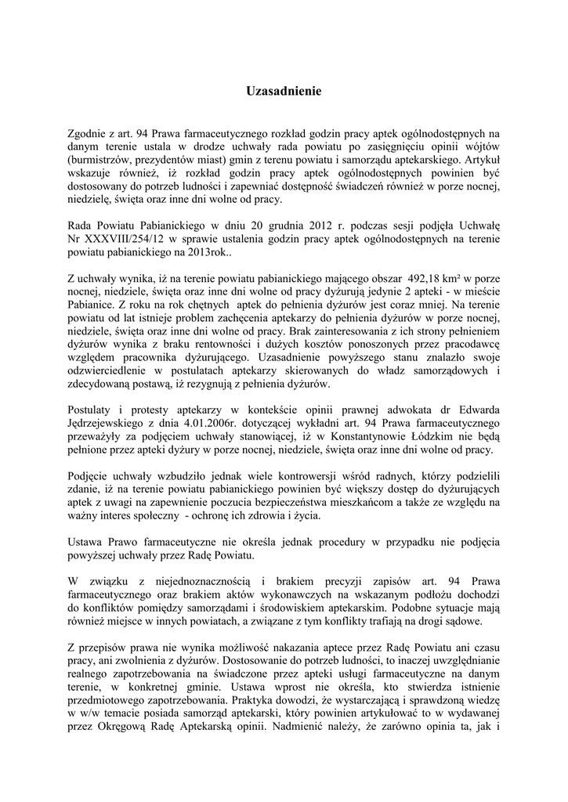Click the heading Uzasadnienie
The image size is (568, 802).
point(284,92)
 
